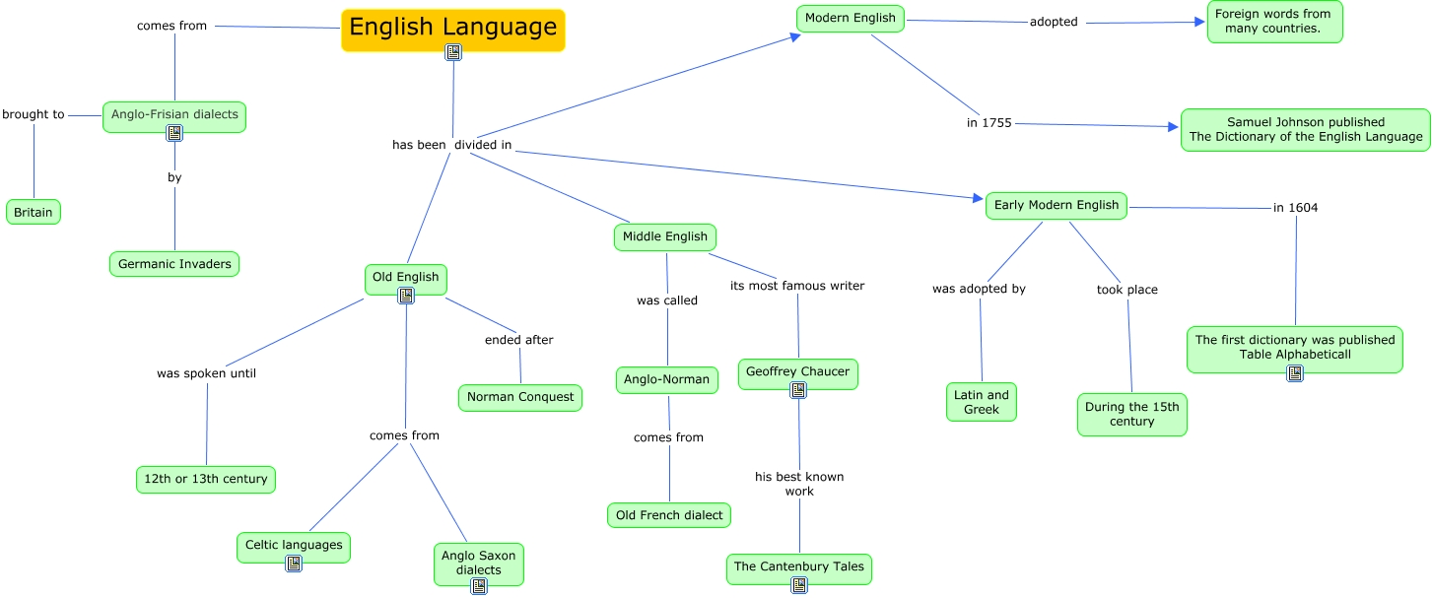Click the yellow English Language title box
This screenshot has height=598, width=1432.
pos(452,28)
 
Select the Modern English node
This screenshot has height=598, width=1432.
pos(850,18)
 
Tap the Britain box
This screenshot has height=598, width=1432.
pos(34,212)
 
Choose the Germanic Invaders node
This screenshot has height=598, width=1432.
pos(174,264)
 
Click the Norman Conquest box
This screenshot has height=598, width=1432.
pos(520,397)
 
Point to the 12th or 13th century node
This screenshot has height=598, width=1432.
pos(206,479)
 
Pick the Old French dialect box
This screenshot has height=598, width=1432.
pos(669,515)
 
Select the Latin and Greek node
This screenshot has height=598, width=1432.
pos(982,402)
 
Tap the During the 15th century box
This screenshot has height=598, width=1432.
pos(1131,414)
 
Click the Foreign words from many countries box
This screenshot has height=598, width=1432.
pos(1274,21)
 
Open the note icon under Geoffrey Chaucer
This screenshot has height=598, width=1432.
pos(798,390)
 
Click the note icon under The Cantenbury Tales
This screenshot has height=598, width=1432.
pos(799,585)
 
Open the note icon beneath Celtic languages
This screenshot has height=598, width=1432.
pos(294,564)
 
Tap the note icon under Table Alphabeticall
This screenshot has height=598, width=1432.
pos(1295,373)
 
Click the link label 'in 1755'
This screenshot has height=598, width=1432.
pos(989,123)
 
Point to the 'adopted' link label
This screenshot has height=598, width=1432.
pos(1054,22)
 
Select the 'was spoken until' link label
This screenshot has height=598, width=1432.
pos(206,373)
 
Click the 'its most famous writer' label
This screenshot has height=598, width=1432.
pos(797,286)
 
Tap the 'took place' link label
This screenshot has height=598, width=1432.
pos(1126,290)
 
